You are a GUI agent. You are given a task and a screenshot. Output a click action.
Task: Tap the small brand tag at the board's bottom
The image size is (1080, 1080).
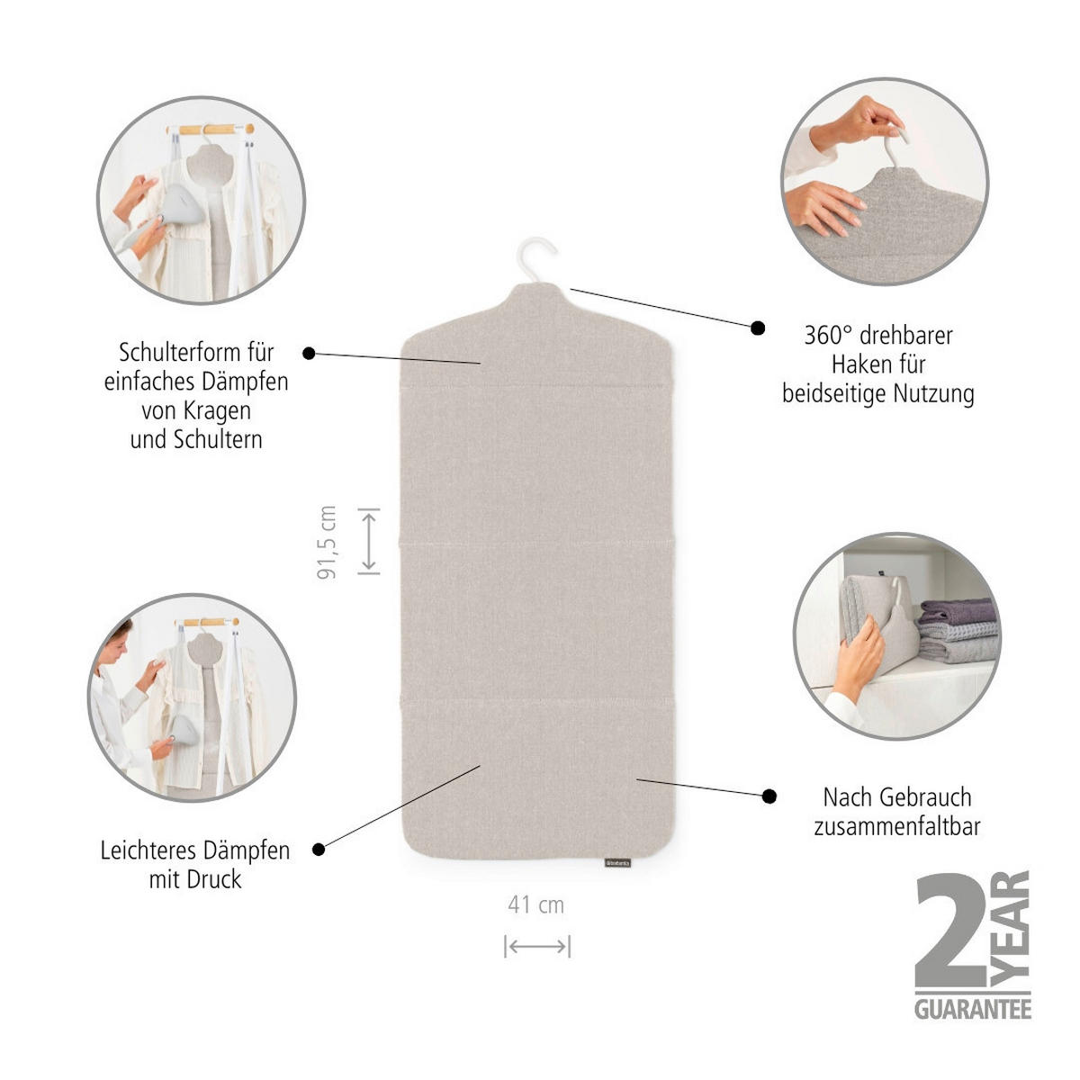point(617,862)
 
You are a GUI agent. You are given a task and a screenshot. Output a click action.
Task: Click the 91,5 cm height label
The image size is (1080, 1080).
point(327,542)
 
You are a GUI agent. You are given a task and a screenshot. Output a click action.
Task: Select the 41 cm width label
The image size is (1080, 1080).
point(535,905)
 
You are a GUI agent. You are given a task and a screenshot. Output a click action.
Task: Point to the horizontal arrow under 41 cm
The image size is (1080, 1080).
point(537,946)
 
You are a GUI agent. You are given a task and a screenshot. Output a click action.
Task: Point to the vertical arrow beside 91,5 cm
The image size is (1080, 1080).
point(369,541)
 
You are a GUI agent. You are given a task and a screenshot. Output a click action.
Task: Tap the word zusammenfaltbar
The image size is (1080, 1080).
point(897,827)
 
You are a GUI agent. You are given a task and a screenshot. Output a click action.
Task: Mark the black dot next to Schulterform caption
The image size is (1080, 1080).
point(309,354)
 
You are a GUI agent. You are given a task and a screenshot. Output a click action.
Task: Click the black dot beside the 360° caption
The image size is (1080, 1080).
point(758,328)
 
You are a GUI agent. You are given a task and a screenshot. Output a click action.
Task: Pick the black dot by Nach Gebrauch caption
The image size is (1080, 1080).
point(769,796)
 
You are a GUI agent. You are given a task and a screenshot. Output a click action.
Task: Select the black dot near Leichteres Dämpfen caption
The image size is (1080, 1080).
point(319,850)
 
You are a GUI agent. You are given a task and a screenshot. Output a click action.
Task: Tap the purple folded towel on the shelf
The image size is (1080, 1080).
point(958,610)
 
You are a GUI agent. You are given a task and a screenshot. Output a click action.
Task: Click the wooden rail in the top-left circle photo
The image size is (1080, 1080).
point(211,130)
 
